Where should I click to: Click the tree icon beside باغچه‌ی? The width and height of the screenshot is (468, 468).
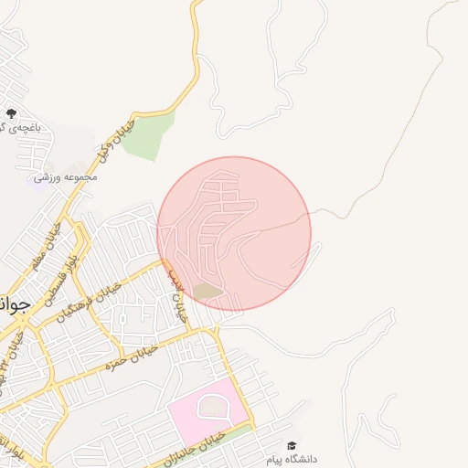point(11,113)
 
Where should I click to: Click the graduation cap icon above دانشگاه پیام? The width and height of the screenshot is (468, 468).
point(292,445)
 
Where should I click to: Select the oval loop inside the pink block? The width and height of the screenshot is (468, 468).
point(211,407)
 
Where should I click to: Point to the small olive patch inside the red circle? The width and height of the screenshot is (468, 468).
point(207,292)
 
